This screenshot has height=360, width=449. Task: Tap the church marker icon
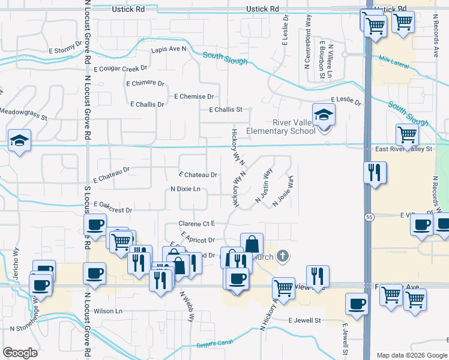[284, 257]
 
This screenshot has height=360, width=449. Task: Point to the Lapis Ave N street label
[169, 50]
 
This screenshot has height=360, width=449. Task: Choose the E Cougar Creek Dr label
[120, 69]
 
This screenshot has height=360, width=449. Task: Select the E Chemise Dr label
[194, 97]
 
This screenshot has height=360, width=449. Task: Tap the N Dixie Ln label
[185, 190]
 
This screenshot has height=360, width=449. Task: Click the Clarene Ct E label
[196, 224]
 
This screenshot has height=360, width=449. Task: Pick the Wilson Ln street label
[107, 311]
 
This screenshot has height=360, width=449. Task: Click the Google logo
[20, 353]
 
